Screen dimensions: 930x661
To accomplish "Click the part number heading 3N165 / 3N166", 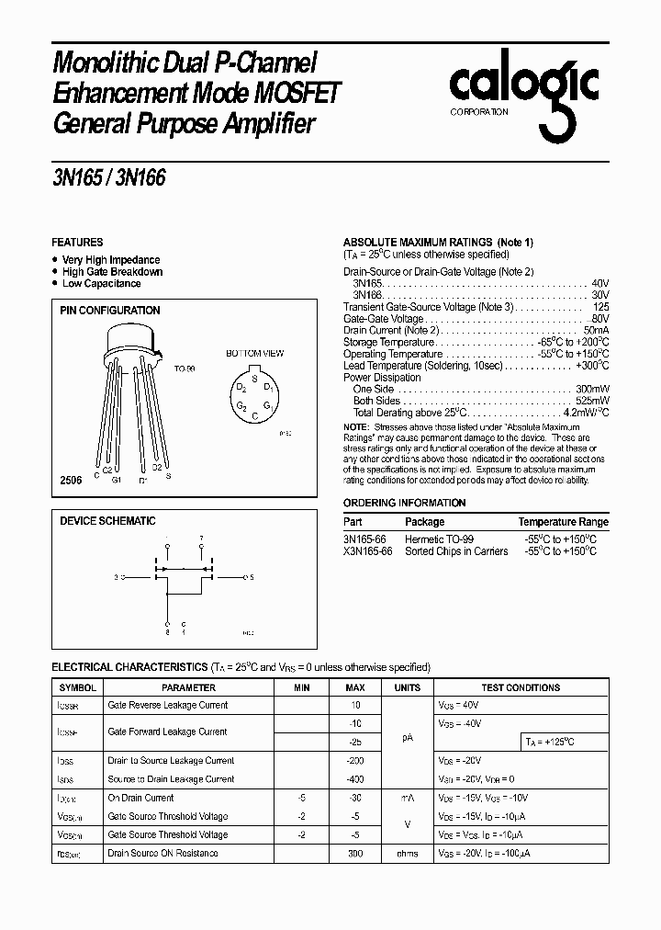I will [x=109, y=178].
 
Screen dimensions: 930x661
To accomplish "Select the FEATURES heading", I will [x=77, y=243].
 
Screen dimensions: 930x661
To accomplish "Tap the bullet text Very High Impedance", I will [x=110, y=260].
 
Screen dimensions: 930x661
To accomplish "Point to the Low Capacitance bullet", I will [x=101, y=284].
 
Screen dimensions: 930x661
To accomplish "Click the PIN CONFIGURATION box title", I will [x=109, y=311].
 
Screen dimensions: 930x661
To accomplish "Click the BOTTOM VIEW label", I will [x=254, y=353].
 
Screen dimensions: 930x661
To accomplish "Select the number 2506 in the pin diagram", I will [x=71, y=480].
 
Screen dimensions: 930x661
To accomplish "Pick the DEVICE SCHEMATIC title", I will [x=107, y=521].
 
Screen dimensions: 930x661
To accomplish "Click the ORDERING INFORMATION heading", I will [x=404, y=503].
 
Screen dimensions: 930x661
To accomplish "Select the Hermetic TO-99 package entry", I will [x=440, y=539].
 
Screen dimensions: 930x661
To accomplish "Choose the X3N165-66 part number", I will [x=367, y=551].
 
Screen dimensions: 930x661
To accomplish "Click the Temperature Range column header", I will [x=563, y=521].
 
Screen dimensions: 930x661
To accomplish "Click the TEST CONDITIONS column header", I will [x=520, y=687].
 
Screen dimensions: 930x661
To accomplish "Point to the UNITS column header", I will [x=407, y=687].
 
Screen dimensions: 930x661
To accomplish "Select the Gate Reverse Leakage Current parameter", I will [x=167, y=705].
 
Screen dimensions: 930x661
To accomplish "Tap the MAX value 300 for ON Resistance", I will [x=354, y=853].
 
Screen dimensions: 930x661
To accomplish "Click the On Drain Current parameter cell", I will [x=140, y=798].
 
